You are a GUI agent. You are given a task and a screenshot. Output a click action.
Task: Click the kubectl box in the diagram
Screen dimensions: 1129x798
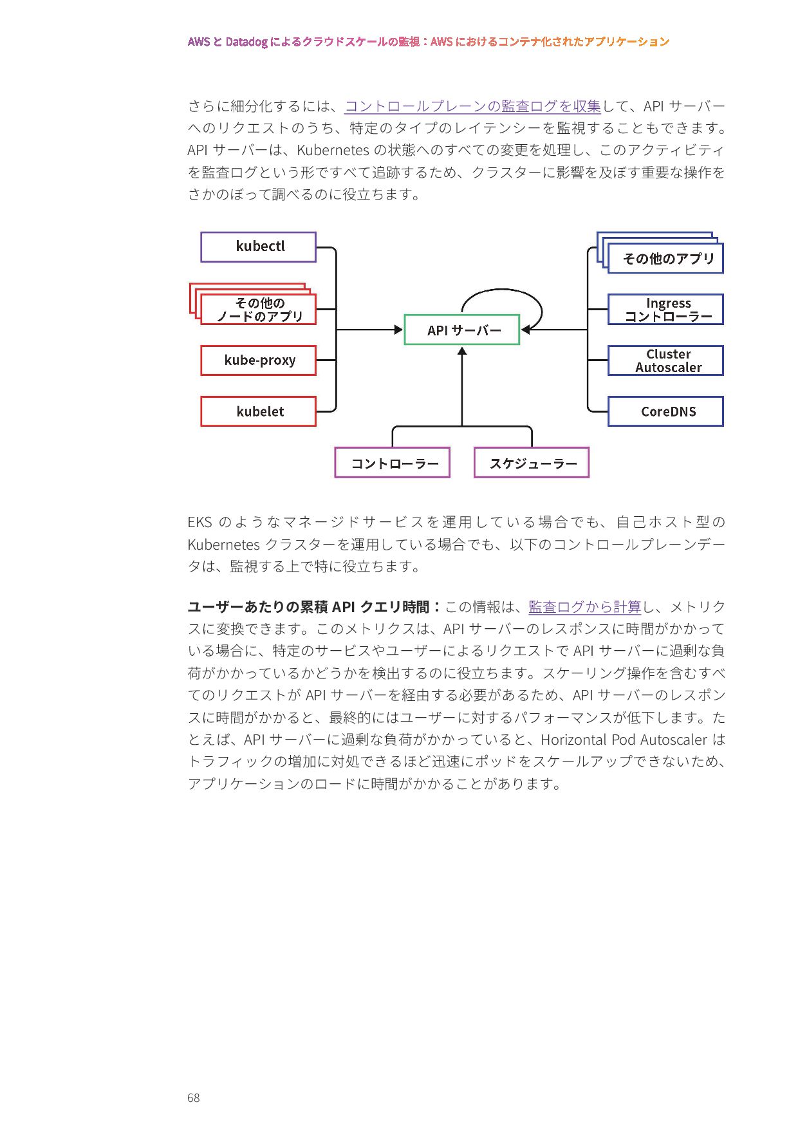tap(258, 247)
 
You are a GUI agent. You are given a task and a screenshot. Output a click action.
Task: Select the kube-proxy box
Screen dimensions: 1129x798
tap(258, 360)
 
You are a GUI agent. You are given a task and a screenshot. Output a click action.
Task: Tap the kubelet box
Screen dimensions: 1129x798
tap(258, 411)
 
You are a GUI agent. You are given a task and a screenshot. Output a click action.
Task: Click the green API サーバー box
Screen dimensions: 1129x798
tap(461, 330)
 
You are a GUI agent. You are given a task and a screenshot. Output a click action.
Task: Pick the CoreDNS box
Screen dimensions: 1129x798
tap(665, 411)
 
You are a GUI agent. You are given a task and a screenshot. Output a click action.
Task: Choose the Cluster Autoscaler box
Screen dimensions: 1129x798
tap(665, 360)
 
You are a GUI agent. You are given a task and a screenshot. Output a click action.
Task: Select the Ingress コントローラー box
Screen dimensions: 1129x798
tap(665, 310)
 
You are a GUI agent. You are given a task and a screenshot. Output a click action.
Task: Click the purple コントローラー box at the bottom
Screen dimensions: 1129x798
tap(392, 463)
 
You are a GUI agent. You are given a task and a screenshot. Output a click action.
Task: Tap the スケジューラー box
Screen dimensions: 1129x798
tap(532, 463)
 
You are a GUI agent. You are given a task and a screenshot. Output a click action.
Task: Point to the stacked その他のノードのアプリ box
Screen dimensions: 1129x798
tap(258, 310)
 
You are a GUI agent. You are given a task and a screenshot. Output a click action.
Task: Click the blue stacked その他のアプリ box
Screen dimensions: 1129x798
tap(665, 259)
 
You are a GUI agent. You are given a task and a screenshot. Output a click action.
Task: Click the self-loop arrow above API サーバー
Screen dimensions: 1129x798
tap(502, 291)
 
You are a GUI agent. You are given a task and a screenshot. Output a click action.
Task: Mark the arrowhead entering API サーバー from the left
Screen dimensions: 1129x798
tap(398, 330)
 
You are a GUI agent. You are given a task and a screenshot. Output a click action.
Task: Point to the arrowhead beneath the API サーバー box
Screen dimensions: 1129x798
tap(461, 351)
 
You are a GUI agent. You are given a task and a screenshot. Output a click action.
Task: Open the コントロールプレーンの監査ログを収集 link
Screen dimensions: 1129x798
tap(472, 106)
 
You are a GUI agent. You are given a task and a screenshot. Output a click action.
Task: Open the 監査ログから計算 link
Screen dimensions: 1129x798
tap(584, 607)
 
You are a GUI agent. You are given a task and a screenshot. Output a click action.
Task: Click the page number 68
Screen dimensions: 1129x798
tap(193, 1097)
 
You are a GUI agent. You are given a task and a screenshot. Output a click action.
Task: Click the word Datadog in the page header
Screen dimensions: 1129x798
tap(246, 42)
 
